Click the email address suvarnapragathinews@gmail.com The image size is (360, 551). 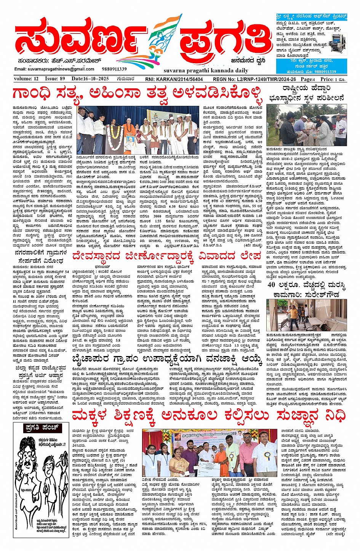(54, 69)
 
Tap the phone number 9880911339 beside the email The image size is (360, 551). (114, 69)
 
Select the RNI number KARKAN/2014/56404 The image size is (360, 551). (174, 79)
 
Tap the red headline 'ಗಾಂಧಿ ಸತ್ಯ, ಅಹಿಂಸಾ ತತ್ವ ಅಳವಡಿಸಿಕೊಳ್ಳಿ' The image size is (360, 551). (137, 93)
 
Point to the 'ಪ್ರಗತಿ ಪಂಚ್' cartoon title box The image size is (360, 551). (42, 428)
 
